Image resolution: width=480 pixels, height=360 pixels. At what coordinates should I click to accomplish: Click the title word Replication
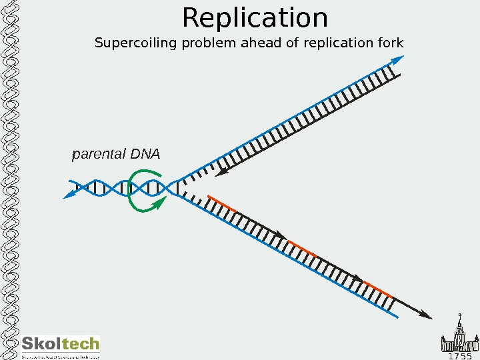tap(255, 19)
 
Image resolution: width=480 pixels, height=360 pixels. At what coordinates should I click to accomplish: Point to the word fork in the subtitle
tap(392, 44)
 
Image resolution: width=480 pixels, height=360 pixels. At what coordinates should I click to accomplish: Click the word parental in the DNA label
tap(99, 155)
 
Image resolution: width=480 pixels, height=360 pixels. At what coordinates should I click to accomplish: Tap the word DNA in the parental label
tap(145, 154)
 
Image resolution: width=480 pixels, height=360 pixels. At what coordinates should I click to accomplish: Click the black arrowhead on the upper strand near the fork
tap(222, 174)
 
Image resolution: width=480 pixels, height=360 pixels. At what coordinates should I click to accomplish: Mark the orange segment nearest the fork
tap(221, 204)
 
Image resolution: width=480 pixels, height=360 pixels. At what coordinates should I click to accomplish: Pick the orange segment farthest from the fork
tap(378, 289)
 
